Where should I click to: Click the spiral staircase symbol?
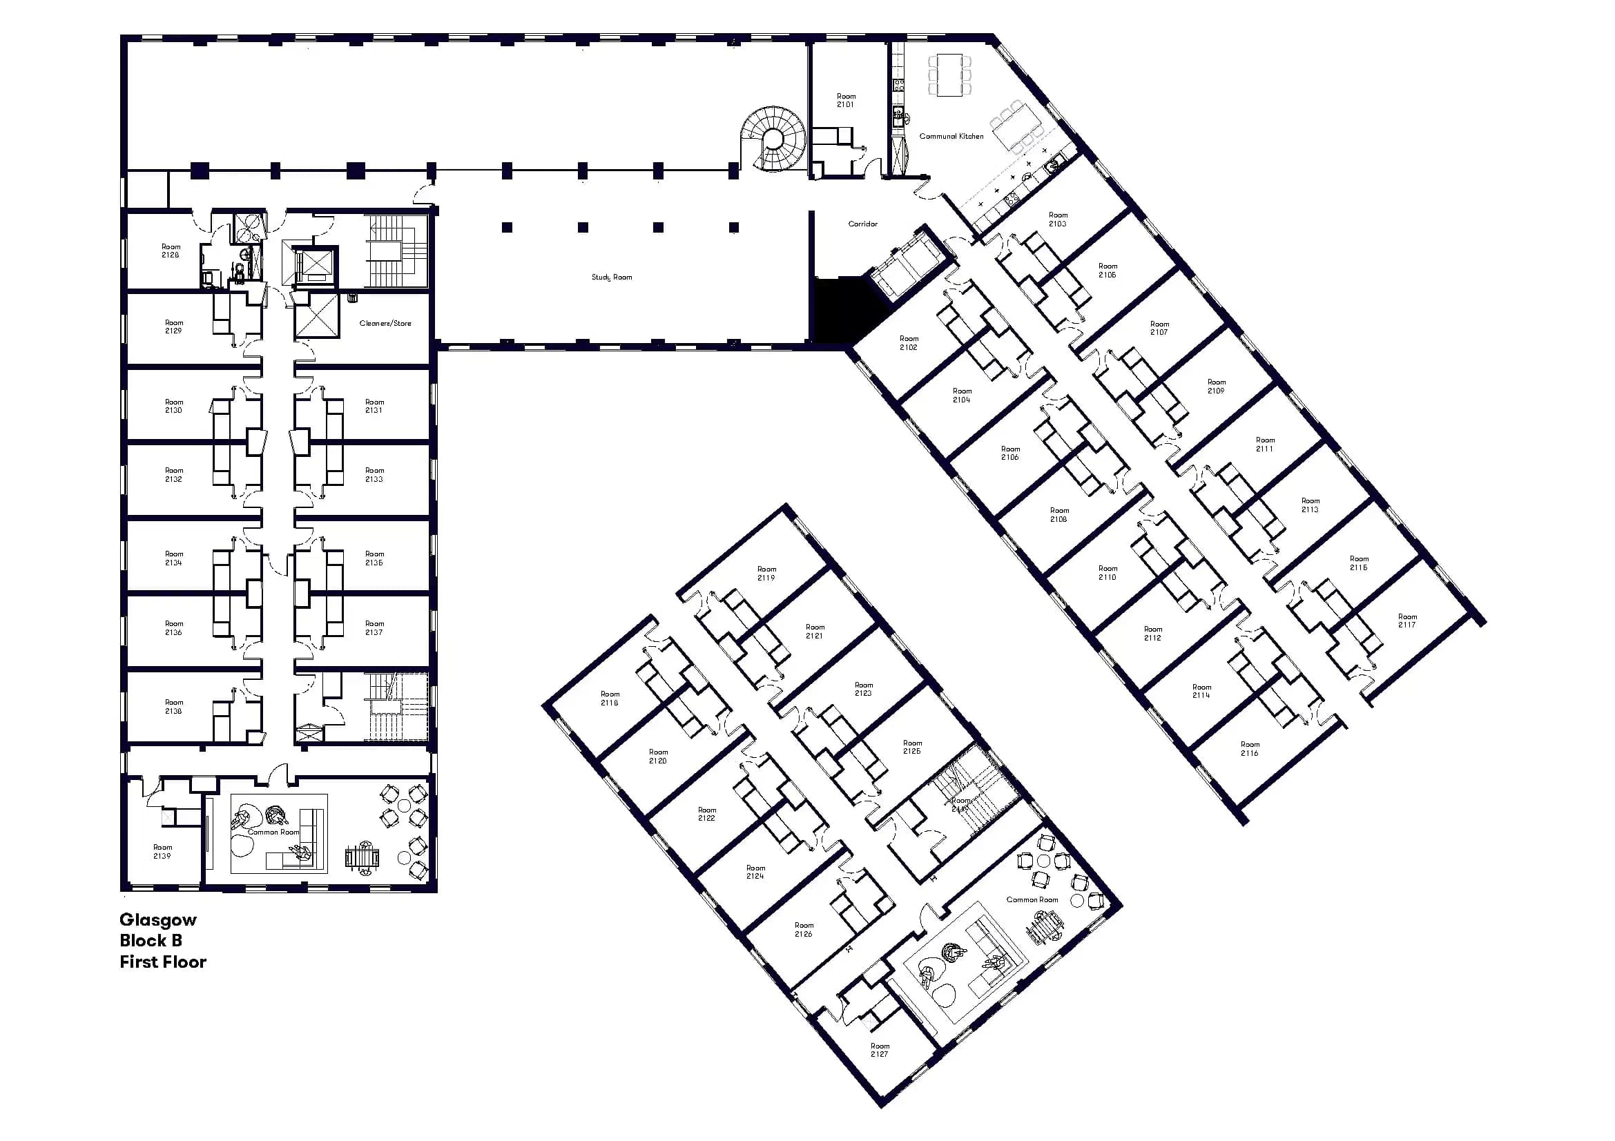(x=772, y=138)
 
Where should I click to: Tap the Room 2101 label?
(x=846, y=101)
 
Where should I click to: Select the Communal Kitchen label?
(x=951, y=137)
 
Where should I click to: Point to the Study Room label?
(x=611, y=277)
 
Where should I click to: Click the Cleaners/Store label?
(x=385, y=324)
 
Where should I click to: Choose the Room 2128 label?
(x=171, y=251)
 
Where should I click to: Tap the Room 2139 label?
(x=162, y=851)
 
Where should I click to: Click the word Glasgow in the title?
(x=158, y=919)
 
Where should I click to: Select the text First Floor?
(x=162, y=962)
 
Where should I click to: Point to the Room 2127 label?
(x=879, y=1050)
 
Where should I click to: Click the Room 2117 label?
(x=1406, y=621)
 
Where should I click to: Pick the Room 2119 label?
(x=766, y=574)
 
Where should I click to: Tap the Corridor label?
(x=862, y=224)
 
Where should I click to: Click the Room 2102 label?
(x=909, y=343)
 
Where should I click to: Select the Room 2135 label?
(x=374, y=558)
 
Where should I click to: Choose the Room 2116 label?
(x=1249, y=749)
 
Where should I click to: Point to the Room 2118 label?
(x=609, y=698)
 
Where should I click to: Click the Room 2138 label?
(x=173, y=707)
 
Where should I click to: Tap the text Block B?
(x=151, y=941)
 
